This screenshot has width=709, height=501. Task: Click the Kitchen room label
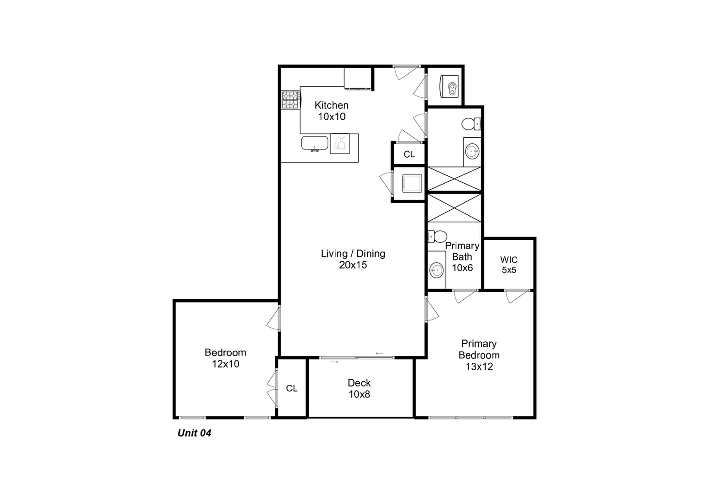pos(331,105)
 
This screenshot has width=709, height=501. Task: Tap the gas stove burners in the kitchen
pos(291,100)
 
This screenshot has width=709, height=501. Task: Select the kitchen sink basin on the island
pos(315,143)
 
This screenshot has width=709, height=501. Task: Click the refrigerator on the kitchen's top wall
pos(358,78)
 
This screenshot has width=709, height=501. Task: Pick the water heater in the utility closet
pos(449,86)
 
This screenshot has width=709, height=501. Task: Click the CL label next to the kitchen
pos(409,154)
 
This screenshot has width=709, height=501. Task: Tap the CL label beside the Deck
pos(292,388)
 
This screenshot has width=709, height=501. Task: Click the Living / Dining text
pos(353,254)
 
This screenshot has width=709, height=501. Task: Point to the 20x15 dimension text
pos(353,265)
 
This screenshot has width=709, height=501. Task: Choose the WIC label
pos(509,260)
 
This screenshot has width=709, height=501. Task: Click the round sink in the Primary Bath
pos(436,270)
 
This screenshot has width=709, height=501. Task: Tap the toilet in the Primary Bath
pos(437,236)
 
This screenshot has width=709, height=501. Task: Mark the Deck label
pos(359,383)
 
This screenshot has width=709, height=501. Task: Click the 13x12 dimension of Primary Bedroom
pos(479,367)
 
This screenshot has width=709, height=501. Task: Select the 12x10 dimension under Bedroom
pos(226,364)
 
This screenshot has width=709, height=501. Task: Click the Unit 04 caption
pos(194,433)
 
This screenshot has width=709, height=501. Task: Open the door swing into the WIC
pos(516,295)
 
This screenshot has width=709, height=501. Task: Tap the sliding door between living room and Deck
pos(357,358)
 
